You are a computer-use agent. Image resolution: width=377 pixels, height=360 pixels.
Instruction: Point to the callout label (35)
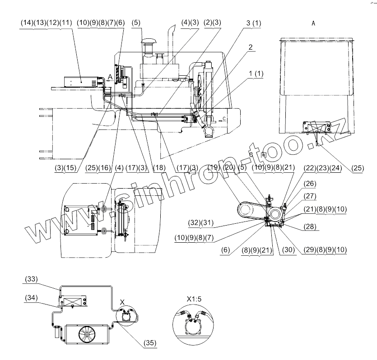click(x=150, y=342)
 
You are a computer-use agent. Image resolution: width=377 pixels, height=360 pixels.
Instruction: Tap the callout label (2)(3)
click(x=213, y=22)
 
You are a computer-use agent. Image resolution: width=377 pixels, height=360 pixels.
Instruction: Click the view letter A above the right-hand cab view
click(x=313, y=22)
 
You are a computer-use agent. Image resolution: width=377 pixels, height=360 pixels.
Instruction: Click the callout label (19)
click(x=214, y=168)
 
